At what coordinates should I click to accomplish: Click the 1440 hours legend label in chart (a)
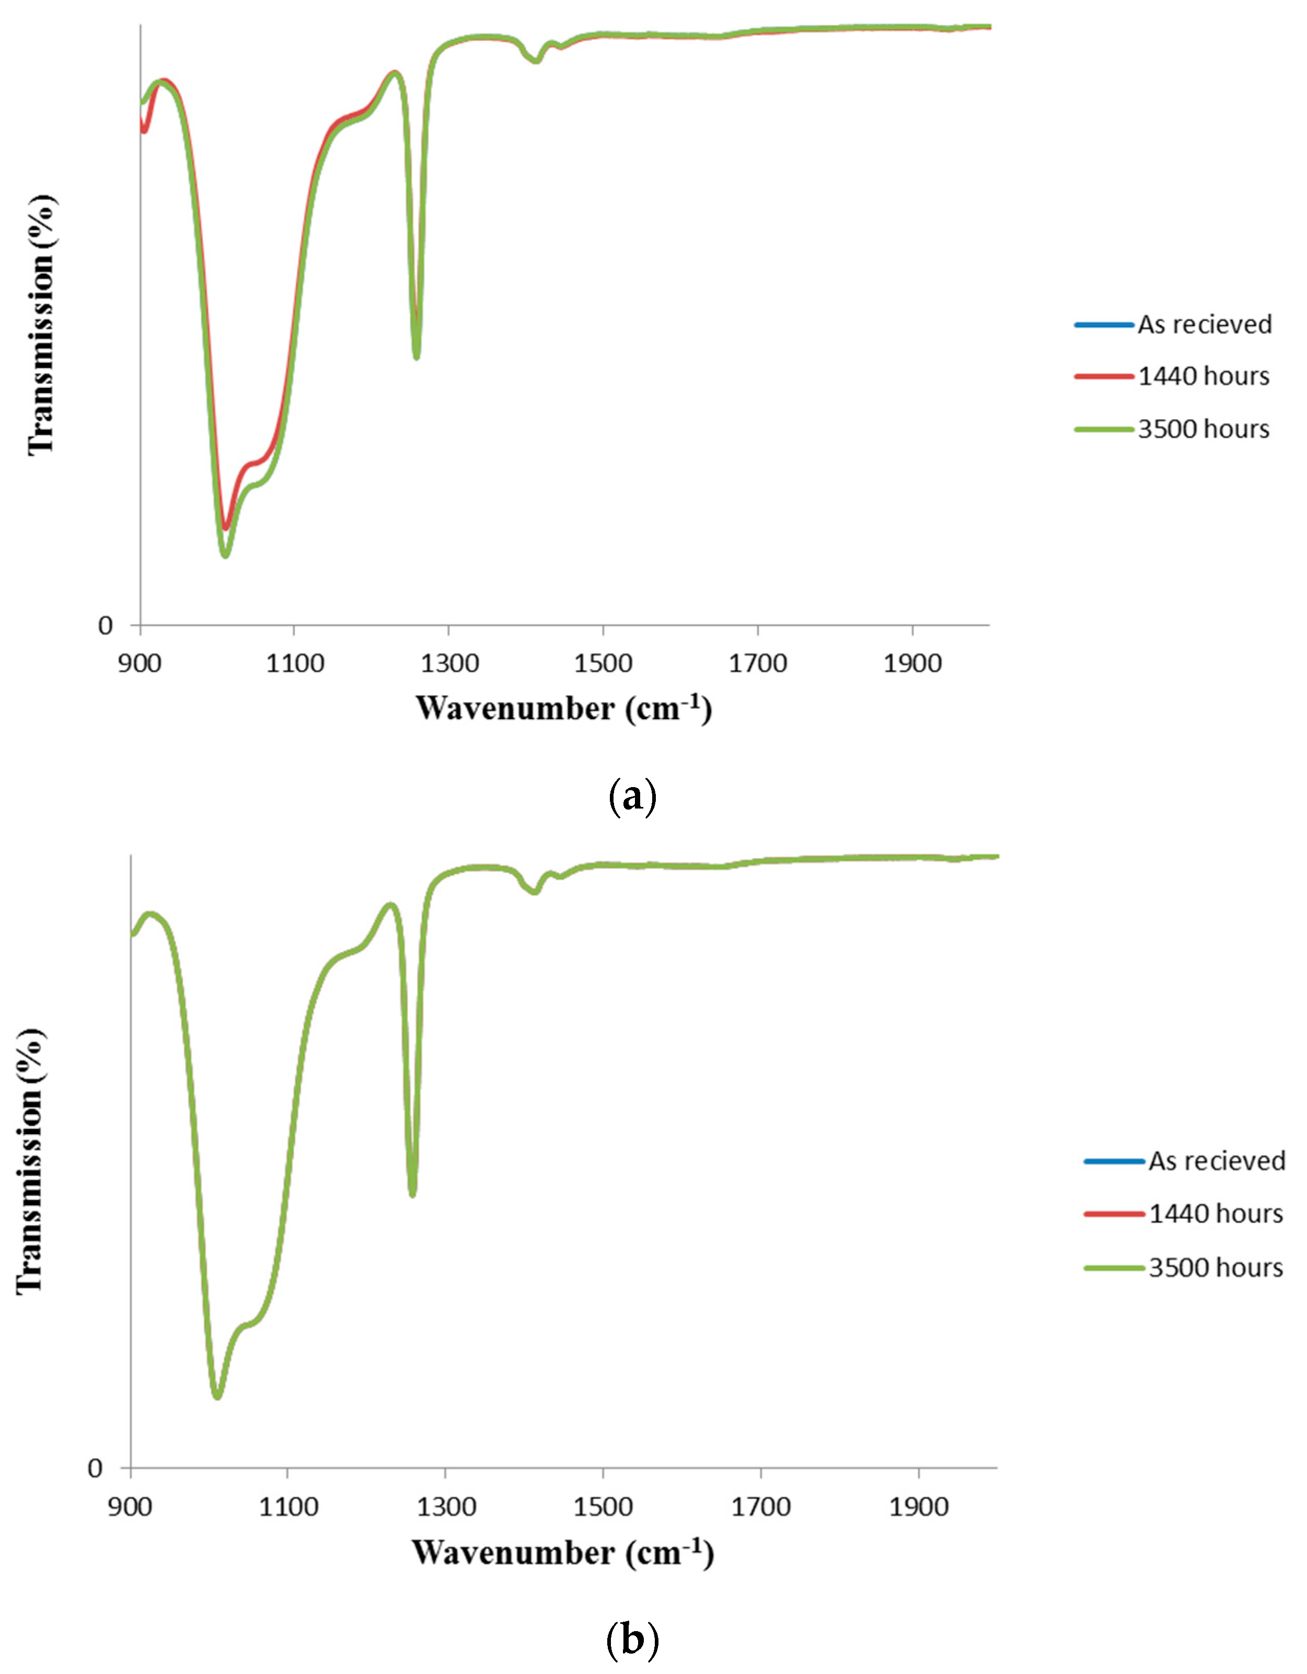tap(1204, 376)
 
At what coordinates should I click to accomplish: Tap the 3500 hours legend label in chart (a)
tap(1204, 429)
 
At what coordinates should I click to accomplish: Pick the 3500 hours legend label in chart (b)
tap(1216, 1268)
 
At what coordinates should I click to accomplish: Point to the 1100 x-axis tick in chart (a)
tap(295, 664)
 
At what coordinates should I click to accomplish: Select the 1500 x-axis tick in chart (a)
tap(603, 664)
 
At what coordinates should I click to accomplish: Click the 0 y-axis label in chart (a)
tap(105, 626)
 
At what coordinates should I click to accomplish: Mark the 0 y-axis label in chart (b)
tap(95, 1469)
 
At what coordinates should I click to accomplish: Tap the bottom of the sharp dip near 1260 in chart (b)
tap(412, 1193)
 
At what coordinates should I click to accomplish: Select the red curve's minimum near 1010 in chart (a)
tap(225, 527)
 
